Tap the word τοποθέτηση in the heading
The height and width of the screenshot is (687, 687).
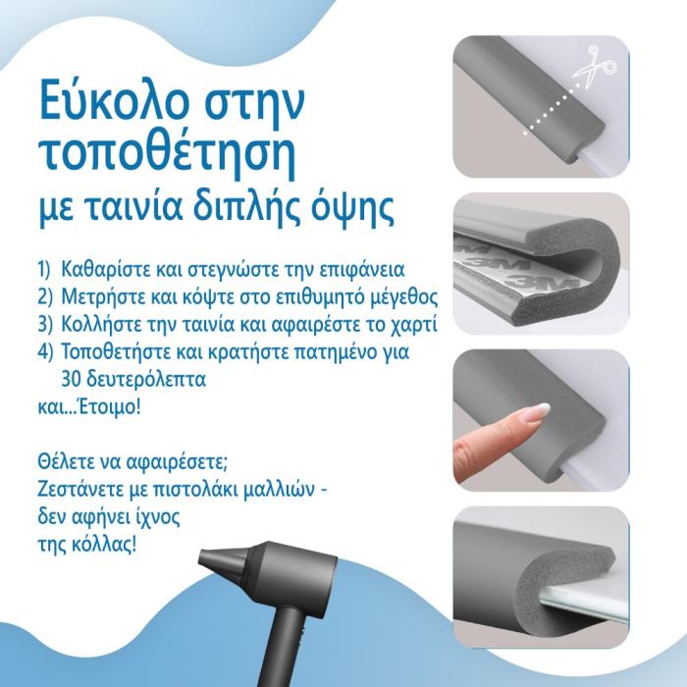tap(167, 155)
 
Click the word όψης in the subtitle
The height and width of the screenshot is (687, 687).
tap(351, 208)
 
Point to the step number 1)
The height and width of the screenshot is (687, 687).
tap(45, 269)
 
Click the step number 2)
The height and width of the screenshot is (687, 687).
tap(45, 296)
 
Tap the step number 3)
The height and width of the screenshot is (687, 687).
tap(45, 324)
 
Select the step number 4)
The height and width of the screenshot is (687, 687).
tap(45, 351)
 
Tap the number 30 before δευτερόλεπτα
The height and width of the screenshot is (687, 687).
tap(71, 380)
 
